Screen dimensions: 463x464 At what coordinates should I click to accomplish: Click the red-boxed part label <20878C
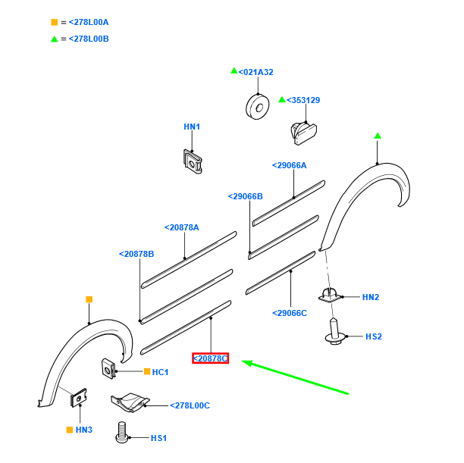click(210, 358)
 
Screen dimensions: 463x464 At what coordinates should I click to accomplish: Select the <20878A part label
click(182, 227)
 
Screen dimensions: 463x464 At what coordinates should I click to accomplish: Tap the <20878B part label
click(136, 254)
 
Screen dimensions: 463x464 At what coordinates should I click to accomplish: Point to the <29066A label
click(290, 165)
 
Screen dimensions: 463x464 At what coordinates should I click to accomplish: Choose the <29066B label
click(245, 196)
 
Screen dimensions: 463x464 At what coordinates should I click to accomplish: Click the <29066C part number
click(290, 313)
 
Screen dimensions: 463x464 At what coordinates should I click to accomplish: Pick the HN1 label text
click(192, 127)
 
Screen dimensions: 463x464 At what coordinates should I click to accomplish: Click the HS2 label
click(374, 336)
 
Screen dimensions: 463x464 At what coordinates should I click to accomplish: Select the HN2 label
click(370, 297)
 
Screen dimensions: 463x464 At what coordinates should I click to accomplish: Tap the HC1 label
click(160, 372)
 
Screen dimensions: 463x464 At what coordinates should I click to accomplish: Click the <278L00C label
click(190, 406)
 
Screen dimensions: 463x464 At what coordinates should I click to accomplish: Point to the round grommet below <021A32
click(258, 106)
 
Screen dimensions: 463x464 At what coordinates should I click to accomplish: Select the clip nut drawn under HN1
click(193, 160)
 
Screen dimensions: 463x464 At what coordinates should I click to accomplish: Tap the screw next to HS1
click(120, 435)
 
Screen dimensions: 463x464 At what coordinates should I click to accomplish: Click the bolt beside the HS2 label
click(334, 332)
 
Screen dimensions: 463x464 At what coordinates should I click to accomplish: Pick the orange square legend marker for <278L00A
click(54, 22)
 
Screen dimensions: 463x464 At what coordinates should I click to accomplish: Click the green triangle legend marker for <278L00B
click(54, 39)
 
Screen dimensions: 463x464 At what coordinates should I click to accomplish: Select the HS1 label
click(158, 438)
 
